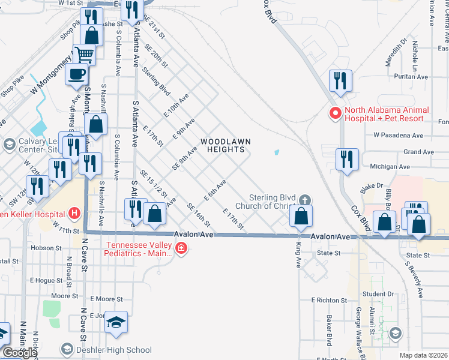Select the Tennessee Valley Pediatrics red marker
(x=181, y=248)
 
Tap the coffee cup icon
(x=77, y=74)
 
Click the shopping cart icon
(x=85, y=55)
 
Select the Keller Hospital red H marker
(x=74, y=213)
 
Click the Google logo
(x=20, y=353)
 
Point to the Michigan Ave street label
(x=390, y=166)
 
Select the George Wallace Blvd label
(x=358, y=326)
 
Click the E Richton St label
(x=330, y=299)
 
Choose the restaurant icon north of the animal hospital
(x=340, y=80)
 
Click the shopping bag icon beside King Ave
(x=301, y=216)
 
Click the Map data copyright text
(x=424, y=355)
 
